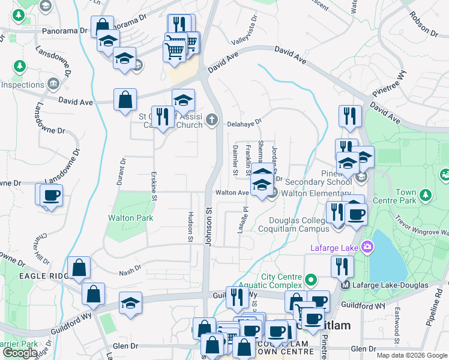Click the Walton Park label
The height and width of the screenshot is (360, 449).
[x=130, y=218]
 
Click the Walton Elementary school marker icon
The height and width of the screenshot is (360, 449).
[x=272, y=193]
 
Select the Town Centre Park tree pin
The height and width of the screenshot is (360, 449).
[x=426, y=195]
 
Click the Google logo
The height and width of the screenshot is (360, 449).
[x=20, y=352]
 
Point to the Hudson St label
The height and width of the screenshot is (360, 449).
[x=191, y=228]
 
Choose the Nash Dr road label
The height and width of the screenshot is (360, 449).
[x=130, y=268]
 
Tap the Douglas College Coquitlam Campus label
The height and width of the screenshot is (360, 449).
[x=294, y=224]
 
